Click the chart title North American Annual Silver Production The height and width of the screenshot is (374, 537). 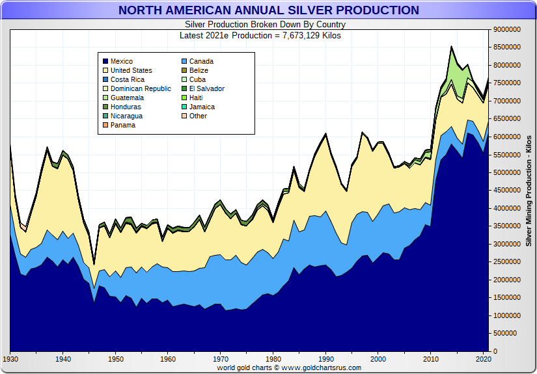pos(268,10)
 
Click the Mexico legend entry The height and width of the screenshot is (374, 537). pos(121,62)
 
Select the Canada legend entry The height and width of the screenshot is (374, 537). pos(201,62)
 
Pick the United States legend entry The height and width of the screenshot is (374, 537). pos(131,71)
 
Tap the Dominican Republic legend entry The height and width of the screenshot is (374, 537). pos(141,89)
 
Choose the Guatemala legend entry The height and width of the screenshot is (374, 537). pos(127,98)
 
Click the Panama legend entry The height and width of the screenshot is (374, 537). pos(123,126)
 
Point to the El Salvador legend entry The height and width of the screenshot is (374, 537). pos(206,89)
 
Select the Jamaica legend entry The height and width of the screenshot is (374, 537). pos(202,107)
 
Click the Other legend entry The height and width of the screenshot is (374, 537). pos(198,116)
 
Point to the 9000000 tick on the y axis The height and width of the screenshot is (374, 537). pos(507,30)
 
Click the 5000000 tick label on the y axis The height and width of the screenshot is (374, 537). pos(507,173)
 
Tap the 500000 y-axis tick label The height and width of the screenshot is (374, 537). pos(509,334)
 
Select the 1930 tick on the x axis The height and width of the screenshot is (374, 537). pos(10,359)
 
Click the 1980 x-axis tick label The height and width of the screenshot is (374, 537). pos(273,359)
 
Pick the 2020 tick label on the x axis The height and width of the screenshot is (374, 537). pos(483,359)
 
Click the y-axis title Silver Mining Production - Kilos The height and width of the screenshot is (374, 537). pos(529,191)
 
